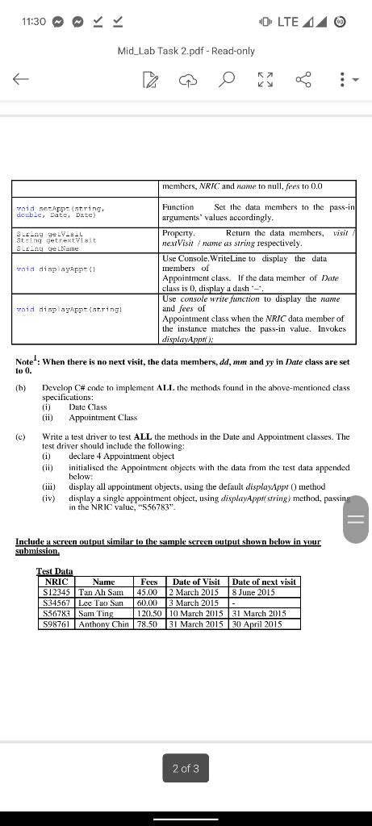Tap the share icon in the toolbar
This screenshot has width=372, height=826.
(x=304, y=78)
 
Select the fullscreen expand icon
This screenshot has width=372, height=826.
(x=265, y=78)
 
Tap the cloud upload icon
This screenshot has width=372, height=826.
(x=188, y=78)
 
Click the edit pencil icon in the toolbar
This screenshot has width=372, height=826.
(x=149, y=78)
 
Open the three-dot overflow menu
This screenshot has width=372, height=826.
(x=343, y=78)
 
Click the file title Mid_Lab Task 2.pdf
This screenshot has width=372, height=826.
(x=186, y=51)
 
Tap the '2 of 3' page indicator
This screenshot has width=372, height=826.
(x=186, y=769)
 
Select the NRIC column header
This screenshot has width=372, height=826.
(x=56, y=582)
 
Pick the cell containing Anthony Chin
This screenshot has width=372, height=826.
(x=104, y=624)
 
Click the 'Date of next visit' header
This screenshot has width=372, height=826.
(x=264, y=582)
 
